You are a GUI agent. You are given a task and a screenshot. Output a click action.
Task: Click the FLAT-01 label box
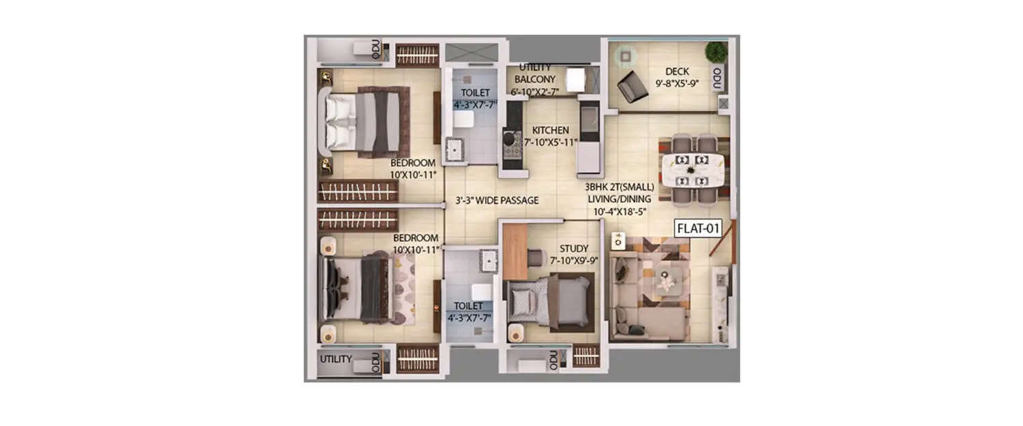(698, 228)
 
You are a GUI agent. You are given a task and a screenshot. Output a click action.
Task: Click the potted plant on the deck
(716, 52)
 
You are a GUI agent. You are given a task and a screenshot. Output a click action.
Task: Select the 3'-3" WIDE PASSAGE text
(497, 200)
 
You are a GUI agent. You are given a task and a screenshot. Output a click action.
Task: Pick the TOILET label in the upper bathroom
(474, 92)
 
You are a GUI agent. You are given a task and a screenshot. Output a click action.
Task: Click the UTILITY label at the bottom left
(336, 359)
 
